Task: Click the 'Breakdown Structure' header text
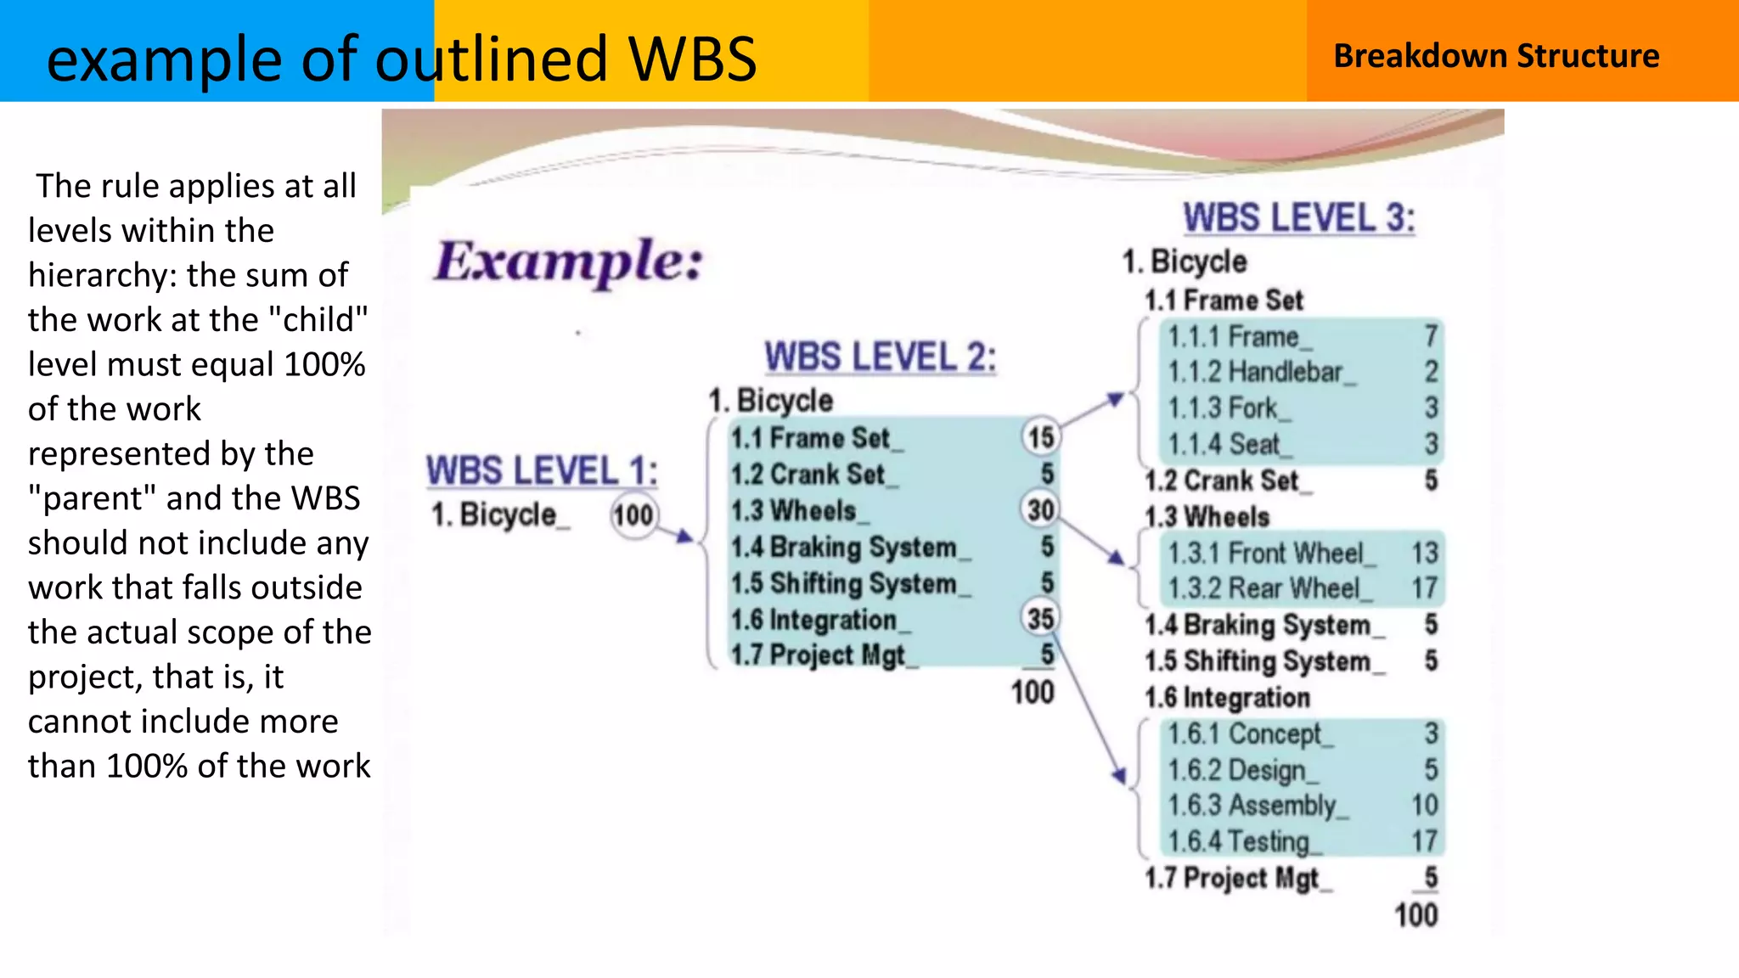pos(1496,56)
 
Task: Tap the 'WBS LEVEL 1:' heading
pos(542,471)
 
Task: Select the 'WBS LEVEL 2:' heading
pos(880,357)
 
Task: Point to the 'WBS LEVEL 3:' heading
pos(1299,218)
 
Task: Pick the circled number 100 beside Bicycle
pos(633,515)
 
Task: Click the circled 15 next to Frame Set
pos(1041,437)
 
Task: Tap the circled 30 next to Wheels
pos(1041,509)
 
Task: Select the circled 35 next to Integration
pos(1041,619)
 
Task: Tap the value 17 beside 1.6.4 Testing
pos(1424,841)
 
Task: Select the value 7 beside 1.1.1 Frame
pos(1431,336)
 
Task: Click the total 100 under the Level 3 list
pos(1415,915)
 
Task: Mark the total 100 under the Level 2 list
pos(1033,692)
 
